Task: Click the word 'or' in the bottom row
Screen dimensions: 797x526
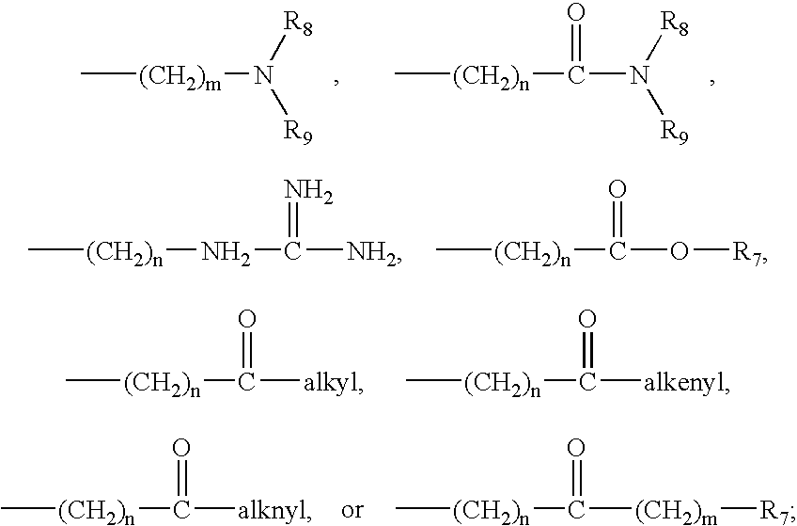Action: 352,511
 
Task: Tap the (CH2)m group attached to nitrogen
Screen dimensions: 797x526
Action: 179,81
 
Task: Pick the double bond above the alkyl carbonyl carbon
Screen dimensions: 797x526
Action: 246,352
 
